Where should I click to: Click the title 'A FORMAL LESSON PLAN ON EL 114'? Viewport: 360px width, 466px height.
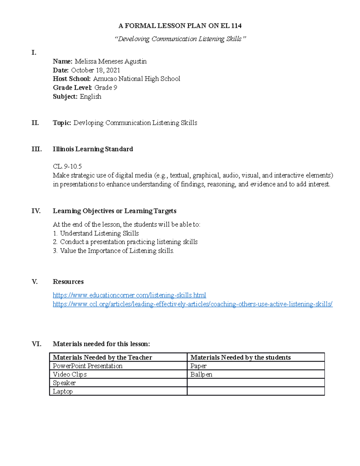[180, 26]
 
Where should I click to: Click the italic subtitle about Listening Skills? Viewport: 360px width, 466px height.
[180, 39]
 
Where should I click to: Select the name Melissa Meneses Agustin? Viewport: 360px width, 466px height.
[110, 62]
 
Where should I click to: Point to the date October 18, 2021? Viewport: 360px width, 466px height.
[95, 70]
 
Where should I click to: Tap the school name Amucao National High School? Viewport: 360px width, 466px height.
[136, 79]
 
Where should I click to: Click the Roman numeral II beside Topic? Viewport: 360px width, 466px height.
[35, 123]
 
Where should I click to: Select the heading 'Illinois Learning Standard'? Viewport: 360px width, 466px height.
[93, 149]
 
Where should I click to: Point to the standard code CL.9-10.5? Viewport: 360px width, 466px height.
[67, 167]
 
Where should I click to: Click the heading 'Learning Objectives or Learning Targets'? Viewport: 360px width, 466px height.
[114, 211]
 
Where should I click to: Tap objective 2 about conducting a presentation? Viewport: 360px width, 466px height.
[128, 242]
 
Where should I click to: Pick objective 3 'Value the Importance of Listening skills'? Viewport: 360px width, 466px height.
[117, 251]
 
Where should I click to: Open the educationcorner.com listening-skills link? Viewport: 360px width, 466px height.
[129, 295]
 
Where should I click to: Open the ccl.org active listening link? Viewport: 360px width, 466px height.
[193, 304]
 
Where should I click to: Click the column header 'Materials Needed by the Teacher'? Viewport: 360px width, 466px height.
[102, 357]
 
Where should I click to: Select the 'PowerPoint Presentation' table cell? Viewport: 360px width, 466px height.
[88, 366]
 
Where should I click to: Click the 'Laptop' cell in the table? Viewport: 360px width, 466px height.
[63, 391]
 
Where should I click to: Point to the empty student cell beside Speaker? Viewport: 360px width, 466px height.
[256, 383]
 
